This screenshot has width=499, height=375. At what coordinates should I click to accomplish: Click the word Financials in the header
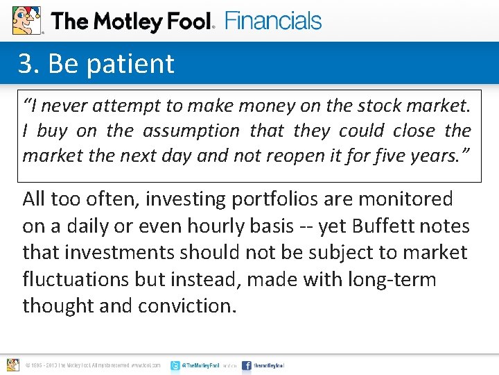[x=273, y=21]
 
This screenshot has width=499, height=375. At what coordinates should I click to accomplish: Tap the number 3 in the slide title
[x=26, y=64]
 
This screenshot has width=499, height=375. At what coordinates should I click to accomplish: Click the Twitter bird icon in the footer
[x=175, y=365]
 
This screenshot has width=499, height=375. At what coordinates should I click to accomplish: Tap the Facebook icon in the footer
[x=247, y=365]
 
